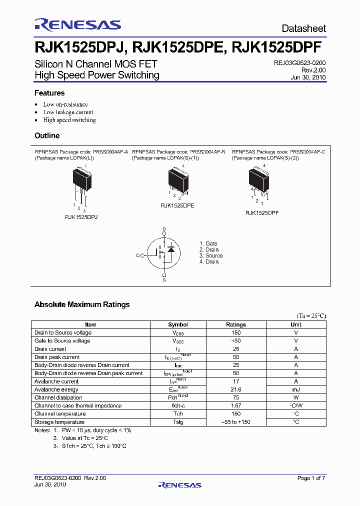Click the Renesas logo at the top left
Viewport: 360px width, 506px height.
(x=77, y=25)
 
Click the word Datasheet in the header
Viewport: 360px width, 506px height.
(x=303, y=28)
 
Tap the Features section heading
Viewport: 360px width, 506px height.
(x=49, y=93)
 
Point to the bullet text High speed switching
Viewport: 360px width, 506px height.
(x=69, y=120)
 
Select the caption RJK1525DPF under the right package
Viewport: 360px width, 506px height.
(x=261, y=212)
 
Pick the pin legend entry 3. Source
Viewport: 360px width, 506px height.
(x=210, y=255)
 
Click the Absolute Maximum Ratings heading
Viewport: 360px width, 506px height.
(x=82, y=304)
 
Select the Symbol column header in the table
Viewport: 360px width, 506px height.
(x=178, y=324)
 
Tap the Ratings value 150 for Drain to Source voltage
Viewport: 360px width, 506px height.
(x=236, y=332)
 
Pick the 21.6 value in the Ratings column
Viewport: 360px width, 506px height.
(x=236, y=389)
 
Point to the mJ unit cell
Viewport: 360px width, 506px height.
(x=296, y=389)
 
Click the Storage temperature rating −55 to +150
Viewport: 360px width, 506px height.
(x=236, y=422)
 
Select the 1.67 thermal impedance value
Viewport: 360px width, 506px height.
(x=236, y=405)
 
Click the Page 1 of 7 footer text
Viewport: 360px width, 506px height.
(x=311, y=478)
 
